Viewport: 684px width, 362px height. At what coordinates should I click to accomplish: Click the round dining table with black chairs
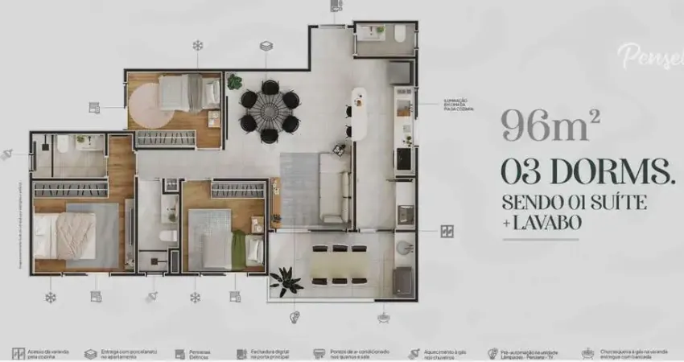click(x=269, y=111)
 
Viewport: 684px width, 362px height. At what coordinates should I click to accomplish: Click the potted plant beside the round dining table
click(x=234, y=81)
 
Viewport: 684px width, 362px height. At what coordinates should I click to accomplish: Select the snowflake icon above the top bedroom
click(x=197, y=46)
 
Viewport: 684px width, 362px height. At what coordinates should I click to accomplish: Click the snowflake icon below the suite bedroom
click(x=52, y=296)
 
